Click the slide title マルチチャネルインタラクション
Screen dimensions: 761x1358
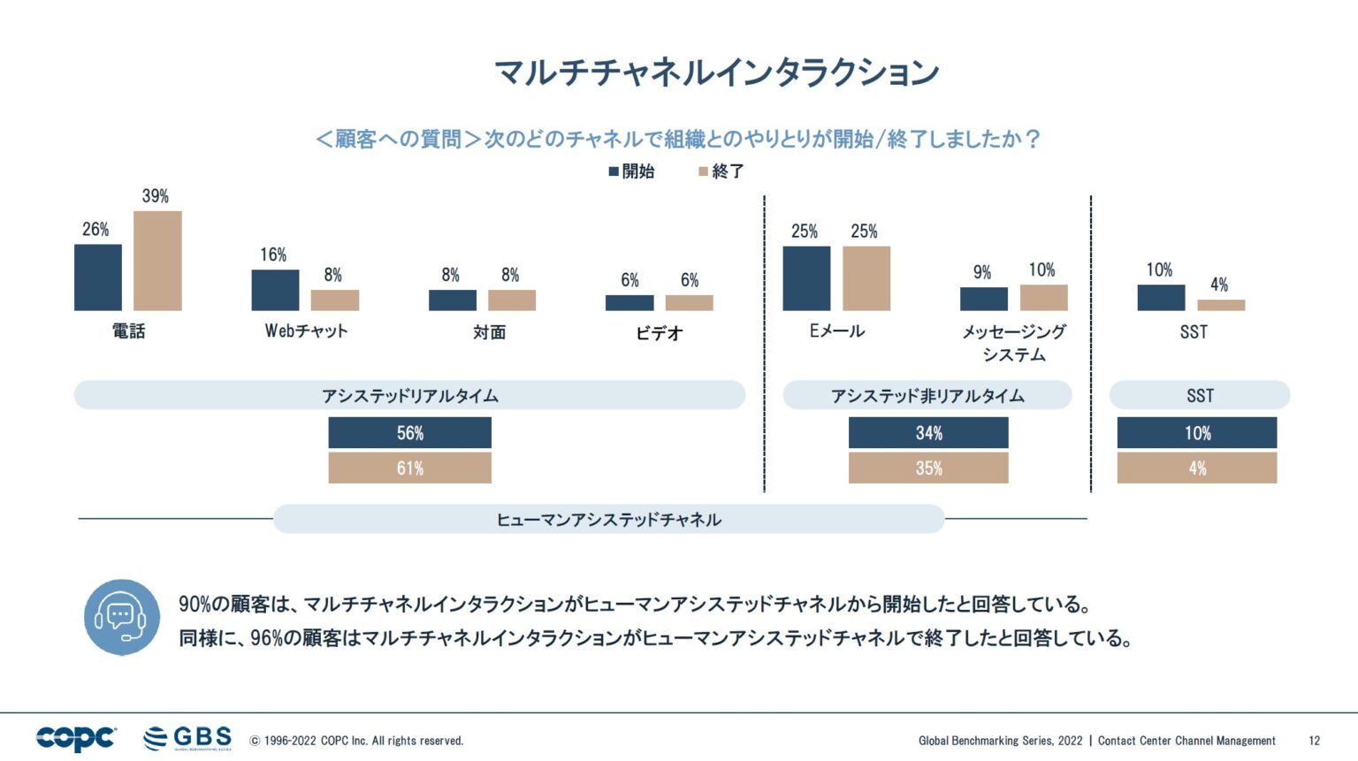click(x=716, y=72)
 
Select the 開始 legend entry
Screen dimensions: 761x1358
click(x=631, y=171)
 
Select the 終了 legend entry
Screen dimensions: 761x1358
click(x=721, y=171)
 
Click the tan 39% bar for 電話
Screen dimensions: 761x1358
click(x=157, y=261)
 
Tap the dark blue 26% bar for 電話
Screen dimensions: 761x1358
click(x=98, y=278)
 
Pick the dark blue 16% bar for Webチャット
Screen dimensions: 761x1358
click(x=275, y=290)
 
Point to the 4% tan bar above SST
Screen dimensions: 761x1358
click(x=1221, y=305)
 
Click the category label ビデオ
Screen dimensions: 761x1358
click(x=660, y=333)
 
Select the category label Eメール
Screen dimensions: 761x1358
click(x=836, y=331)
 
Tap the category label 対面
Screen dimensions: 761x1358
click(x=489, y=332)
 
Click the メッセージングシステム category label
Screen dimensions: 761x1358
click(x=1014, y=343)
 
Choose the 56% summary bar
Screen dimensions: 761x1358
click(x=409, y=433)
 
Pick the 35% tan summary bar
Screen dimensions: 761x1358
click(x=928, y=468)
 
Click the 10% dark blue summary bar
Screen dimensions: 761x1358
click(x=1197, y=433)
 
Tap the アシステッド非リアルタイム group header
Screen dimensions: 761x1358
click(x=927, y=396)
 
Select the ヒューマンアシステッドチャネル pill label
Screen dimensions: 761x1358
click(x=608, y=520)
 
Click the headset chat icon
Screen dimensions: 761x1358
click(x=122, y=617)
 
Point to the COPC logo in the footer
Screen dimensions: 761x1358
click(x=76, y=738)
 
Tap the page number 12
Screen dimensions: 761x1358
click(x=1314, y=741)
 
